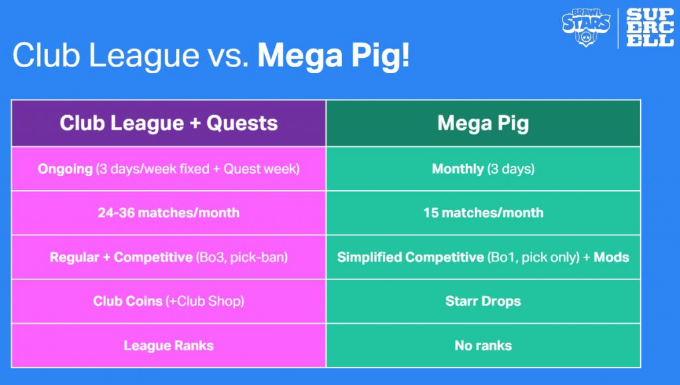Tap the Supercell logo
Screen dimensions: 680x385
coord(650,27)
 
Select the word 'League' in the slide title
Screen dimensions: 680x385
coord(144,56)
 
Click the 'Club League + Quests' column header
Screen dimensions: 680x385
coord(169,123)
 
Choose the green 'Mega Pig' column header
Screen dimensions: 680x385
coord(483,123)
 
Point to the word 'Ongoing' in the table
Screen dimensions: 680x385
coord(65,169)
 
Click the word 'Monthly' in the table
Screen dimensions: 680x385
coord(458,169)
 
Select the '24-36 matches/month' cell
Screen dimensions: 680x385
coord(169,213)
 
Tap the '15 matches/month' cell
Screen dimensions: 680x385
coord(483,213)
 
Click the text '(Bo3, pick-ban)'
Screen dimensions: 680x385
coord(242,257)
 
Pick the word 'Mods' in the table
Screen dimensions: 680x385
coord(611,257)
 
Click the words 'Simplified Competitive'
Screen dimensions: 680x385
coord(410,257)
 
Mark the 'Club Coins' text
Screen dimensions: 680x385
coord(127,301)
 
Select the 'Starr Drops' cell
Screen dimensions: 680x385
coord(483,301)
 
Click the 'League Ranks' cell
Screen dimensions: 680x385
coord(169,346)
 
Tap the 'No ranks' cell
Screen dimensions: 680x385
coord(483,346)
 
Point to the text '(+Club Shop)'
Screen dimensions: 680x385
coord(205,301)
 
